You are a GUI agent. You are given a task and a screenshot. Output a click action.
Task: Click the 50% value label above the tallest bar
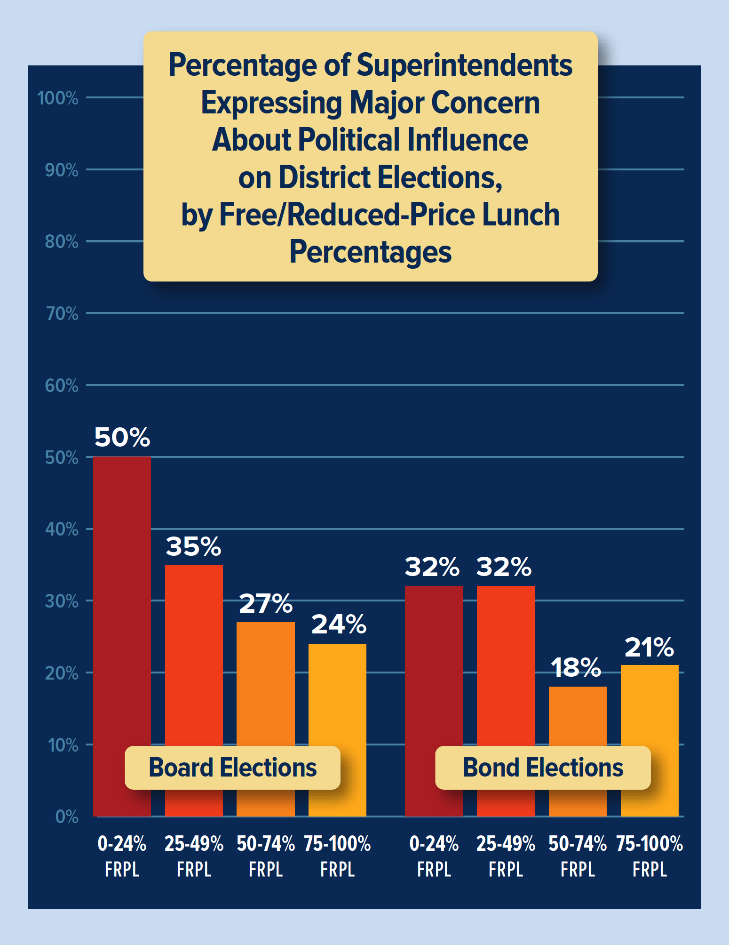click(122, 437)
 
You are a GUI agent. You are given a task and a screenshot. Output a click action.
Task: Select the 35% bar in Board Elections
click(194, 659)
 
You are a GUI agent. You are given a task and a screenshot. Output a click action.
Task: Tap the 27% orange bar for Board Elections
click(266, 682)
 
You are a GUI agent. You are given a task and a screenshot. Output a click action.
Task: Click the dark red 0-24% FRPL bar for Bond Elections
click(434, 668)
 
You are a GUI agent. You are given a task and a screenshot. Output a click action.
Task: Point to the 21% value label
click(650, 648)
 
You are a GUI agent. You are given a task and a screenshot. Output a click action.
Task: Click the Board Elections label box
click(232, 768)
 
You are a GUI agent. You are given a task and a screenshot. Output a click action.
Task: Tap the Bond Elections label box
click(543, 768)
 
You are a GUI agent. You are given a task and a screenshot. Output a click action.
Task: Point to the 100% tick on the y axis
click(58, 98)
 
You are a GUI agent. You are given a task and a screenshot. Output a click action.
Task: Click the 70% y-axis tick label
click(62, 313)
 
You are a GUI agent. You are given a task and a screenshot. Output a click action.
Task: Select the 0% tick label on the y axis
click(66, 817)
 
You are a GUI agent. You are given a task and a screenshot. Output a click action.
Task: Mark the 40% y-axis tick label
click(62, 529)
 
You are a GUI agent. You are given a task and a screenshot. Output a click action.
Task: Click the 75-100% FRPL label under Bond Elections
click(650, 856)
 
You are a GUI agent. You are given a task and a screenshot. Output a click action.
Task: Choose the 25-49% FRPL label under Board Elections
click(194, 856)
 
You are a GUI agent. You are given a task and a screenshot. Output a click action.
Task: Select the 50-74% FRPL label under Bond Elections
click(578, 856)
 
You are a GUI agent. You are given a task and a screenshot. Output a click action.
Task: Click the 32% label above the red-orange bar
click(504, 567)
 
